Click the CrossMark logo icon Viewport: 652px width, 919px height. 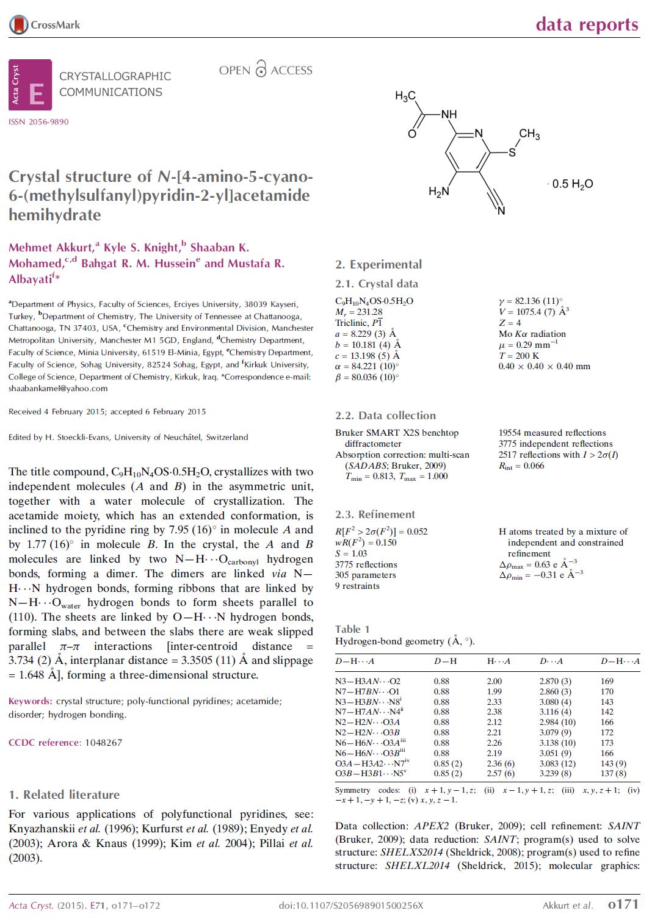pyautogui.click(x=19, y=24)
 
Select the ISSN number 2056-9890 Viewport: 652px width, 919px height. pyautogui.click(x=38, y=121)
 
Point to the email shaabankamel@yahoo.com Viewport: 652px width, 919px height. pyautogui.click(x=58, y=388)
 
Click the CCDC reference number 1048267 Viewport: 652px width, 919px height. pyautogui.click(x=103, y=743)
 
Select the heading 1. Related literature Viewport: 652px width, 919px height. pyautogui.click(x=64, y=795)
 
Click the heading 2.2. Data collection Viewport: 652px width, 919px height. pyautogui.click(x=385, y=416)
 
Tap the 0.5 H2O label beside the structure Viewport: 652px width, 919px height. pyautogui.click(x=572, y=184)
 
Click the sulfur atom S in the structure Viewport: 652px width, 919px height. pyautogui.click(x=512, y=153)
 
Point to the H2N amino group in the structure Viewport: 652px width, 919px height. pyautogui.click(x=438, y=192)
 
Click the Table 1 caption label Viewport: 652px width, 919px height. pyautogui.click(x=352, y=629)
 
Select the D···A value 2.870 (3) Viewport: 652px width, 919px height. pyautogui.click(x=555, y=681)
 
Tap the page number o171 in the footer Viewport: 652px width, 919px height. pyautogui.click(x=623, y=904)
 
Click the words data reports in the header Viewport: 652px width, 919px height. pyautogui.click(x=587, y=24)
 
